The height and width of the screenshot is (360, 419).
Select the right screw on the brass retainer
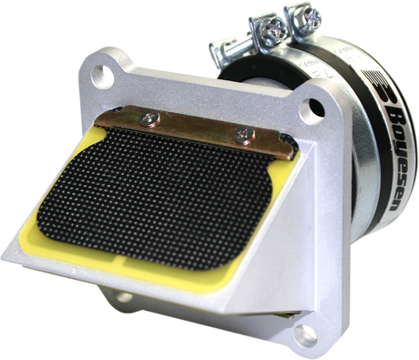pyautogui.click(x=242, y=134)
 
